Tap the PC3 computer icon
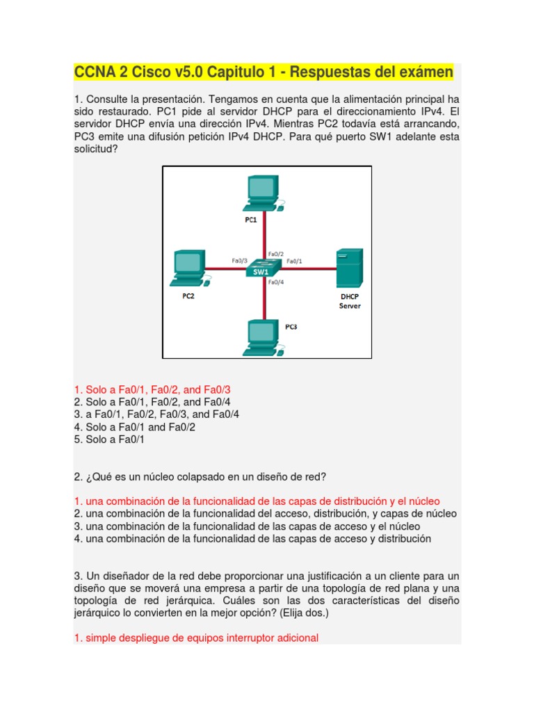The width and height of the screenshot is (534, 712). [x=263, y=337]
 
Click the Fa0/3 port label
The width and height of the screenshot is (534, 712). [x=240, y=261]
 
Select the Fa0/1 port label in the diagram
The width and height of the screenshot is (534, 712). [x=294, y=261]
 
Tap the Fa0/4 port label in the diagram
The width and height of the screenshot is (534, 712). [x=276, y=282]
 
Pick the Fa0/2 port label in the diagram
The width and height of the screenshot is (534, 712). [x=276, y=254]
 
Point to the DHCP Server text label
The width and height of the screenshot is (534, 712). [x=350, y=300]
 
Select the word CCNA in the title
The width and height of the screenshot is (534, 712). [x=95, y=72]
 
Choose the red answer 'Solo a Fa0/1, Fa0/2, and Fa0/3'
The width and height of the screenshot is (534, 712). [x=152, y=390]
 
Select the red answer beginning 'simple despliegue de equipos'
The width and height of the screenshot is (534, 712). [x=196, y=638]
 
